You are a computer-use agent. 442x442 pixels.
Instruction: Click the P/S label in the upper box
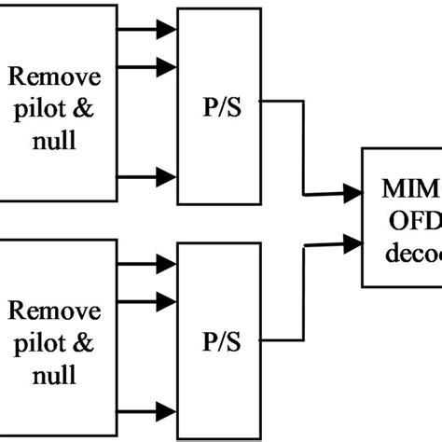[x=221, y=104]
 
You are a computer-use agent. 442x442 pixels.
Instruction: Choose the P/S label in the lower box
[x=221, y=342]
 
